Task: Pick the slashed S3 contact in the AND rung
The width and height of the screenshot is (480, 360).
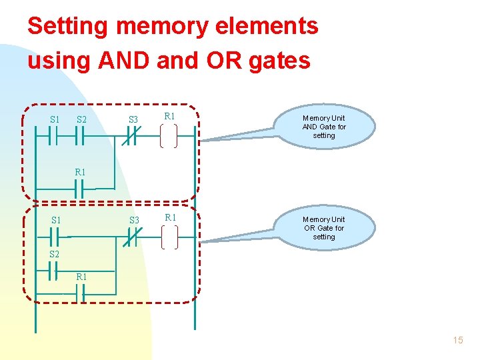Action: tap(133, 137)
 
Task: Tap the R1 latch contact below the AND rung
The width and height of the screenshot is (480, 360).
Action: tap(80, 189)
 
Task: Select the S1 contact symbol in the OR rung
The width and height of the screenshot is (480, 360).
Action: tap(55, 237)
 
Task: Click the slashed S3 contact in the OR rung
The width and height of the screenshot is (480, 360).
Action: tap(133, 237)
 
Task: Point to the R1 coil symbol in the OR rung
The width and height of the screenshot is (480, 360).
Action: tap(169, 237)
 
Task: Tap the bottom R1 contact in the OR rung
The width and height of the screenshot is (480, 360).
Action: tap(80, 293)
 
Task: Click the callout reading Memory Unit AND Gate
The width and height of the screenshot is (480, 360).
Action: tap(324, 126)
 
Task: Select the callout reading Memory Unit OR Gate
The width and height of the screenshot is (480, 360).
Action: tap(324, 227)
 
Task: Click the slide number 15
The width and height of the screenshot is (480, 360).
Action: tap(457, 340)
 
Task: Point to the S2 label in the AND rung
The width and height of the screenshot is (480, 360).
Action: tap(81, 120)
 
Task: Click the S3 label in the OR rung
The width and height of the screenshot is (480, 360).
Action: tap(134, 220)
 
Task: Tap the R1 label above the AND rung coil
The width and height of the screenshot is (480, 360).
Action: tap(169, 117)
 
